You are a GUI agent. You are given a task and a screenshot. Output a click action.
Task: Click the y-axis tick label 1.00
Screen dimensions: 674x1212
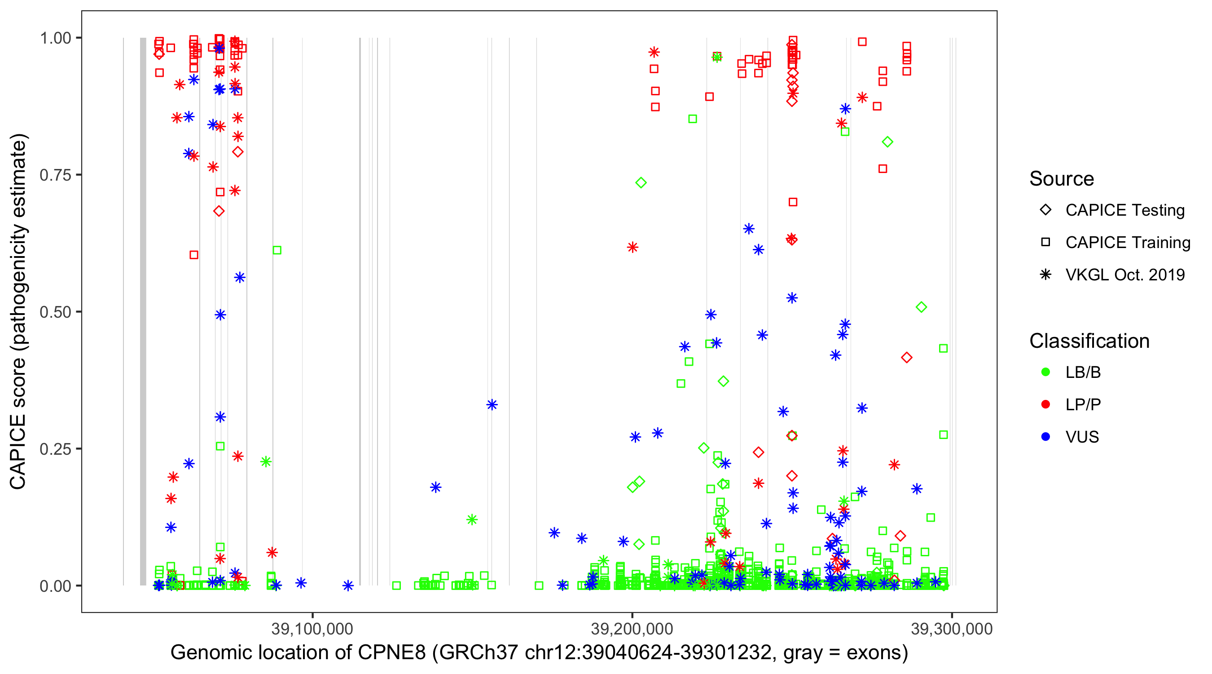coord(55,38)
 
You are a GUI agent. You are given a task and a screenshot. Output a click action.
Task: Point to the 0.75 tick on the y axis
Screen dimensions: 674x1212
coord(55,175)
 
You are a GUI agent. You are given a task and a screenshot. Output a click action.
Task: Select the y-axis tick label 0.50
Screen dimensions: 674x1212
coord(55,312)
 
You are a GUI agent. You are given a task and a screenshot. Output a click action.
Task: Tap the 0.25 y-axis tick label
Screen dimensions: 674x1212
coord(55,449)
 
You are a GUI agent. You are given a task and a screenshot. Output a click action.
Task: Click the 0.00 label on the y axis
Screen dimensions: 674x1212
coord(55,586)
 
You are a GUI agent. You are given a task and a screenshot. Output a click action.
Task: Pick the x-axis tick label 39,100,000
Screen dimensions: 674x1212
coord(312,629)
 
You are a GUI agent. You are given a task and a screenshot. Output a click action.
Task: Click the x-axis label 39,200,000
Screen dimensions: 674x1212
coord(632,629)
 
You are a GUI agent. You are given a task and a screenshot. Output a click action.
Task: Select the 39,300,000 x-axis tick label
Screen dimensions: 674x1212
coord(951,629)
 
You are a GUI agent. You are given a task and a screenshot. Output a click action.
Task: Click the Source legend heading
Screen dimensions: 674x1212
coord(1062,179)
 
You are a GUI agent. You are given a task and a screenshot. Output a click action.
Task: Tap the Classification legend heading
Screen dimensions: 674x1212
coord(1089,341)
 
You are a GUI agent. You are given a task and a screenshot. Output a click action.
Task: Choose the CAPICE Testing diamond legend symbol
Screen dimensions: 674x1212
coord(1045,210)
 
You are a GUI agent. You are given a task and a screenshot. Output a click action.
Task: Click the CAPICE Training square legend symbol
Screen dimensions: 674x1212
coord(1045,243)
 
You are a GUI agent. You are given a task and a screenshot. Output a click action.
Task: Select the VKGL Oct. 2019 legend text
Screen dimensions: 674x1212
coord(1125,275)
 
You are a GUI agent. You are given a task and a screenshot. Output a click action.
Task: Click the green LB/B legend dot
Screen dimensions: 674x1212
coord(1045,372)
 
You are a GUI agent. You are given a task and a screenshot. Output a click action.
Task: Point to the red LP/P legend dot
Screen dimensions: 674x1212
coord(1045,404)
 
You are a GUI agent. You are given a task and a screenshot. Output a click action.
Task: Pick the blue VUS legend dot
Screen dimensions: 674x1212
coord(1045,437)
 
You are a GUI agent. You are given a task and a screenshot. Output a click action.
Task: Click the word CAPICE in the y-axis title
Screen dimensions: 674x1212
coord(18,451)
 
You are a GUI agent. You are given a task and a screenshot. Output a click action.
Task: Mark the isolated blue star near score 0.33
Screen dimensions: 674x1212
coord(492,404)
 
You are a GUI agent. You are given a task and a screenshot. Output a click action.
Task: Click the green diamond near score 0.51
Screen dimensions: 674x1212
coord(921,307)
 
